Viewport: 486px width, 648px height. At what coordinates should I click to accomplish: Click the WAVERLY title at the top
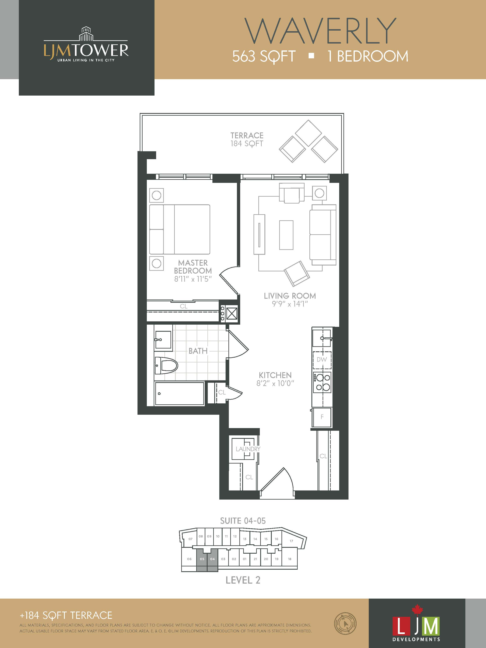tap(320, 31)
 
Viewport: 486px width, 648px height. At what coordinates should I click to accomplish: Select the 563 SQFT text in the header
tap(264, 56)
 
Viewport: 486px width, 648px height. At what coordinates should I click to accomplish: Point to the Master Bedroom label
tap(193, 266)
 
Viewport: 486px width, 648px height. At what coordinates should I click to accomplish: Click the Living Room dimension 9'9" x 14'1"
tap(290, 304)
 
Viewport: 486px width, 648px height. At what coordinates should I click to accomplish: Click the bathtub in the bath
tap(179, 393)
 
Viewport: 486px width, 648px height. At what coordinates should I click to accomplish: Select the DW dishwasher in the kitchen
tap(322, 359)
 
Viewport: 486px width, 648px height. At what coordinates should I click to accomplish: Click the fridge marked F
tap(322, 417)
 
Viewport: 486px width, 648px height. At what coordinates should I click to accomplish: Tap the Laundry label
tap(248, 449)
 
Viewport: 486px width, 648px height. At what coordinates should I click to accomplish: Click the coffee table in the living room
tap(286, 235)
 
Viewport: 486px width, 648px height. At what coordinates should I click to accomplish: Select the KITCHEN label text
tap(275, 375)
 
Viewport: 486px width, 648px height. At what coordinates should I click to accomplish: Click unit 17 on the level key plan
tap(291, 541)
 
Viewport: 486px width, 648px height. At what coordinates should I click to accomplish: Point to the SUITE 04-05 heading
tap(243, 521)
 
